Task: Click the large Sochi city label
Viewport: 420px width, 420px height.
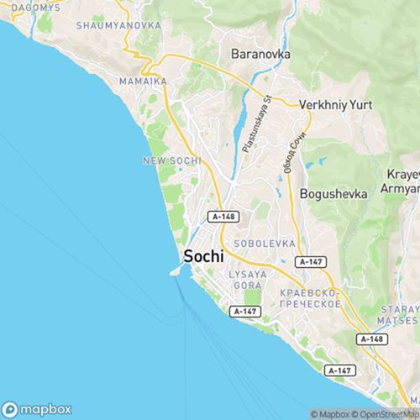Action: [203, 258]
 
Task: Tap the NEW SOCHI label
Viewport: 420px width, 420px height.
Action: [172, 160]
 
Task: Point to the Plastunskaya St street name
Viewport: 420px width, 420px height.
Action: [257, 123]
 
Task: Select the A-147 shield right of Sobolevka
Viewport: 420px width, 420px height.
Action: [311, 261]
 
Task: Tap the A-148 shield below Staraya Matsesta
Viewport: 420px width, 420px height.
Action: [371, 339]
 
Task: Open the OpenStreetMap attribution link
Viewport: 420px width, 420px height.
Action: [387, 414]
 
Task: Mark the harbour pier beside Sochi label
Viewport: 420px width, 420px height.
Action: [176, 270]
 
